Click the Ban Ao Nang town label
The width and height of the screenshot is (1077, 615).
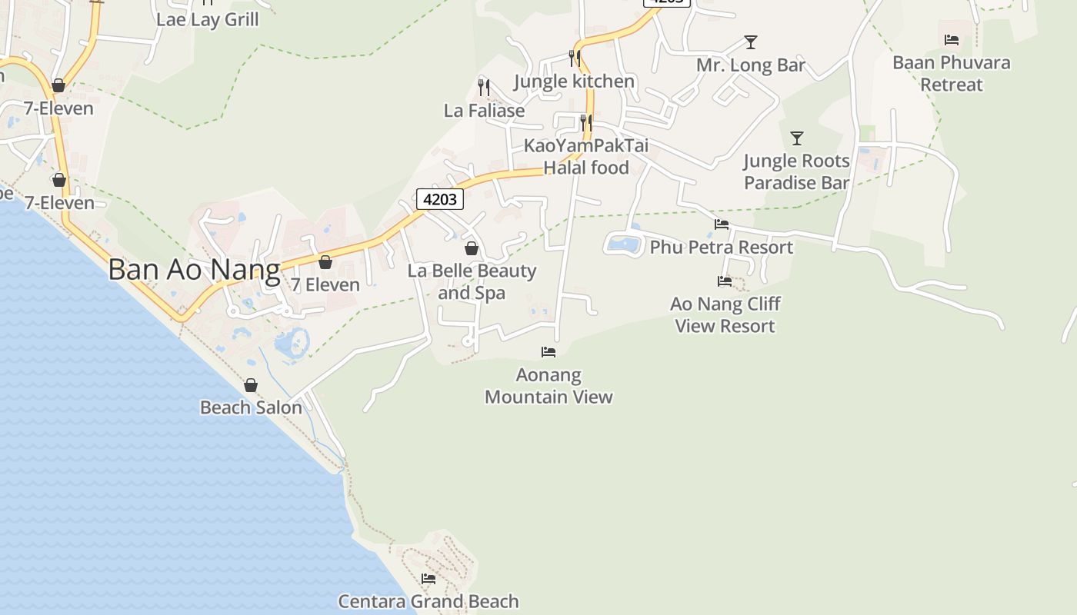click(194, 270)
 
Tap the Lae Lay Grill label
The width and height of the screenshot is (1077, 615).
click(207, 19)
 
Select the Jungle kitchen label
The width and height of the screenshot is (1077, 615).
click(574, 81)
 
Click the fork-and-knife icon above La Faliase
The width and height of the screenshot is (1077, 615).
click(484, 87)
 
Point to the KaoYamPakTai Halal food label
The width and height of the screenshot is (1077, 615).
click(586, 156)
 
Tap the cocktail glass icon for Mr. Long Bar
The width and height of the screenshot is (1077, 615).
click(751, 42)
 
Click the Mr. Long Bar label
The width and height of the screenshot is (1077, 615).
click(751, 65)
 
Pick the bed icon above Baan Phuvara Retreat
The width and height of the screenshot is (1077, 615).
click(952, 40)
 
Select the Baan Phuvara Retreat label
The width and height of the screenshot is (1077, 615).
click(952, 73)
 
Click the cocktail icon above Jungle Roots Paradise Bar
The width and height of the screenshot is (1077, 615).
click(797, 138)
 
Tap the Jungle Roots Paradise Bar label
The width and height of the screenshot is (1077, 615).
click(797, 171)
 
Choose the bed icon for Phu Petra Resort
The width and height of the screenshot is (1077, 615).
click(722, 224)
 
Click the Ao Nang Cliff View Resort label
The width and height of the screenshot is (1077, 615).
click(725, 314)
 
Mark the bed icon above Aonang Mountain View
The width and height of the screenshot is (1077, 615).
click(549, 352)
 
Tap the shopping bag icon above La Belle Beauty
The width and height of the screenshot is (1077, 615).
click(472, 248)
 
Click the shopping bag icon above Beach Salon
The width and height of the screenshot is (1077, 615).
click(251, 385)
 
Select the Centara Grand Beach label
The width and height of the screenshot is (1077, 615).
click(428, 601)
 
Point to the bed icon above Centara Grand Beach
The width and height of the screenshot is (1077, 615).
click(428, 578)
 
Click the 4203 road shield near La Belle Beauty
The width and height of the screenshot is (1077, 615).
click(440, 199)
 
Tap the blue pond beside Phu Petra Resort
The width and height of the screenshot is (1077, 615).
click(623, 244)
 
